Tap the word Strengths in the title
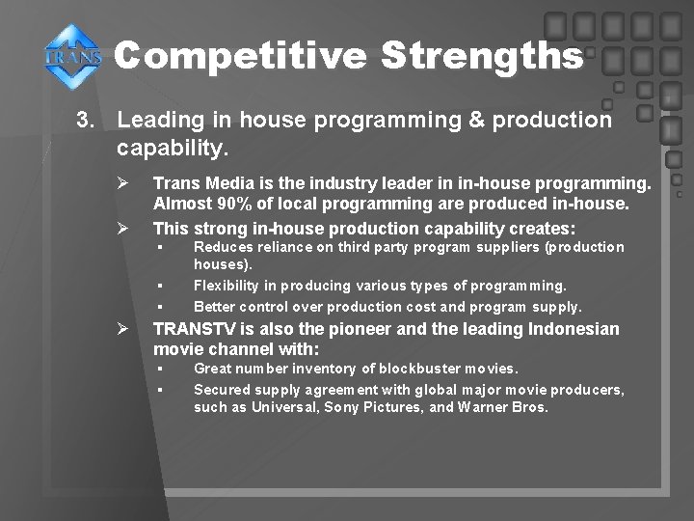[481, 55]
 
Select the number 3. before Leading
[87, 121]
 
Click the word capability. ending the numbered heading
[173, 149]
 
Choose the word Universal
[284, 407]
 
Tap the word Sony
[342, 407]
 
